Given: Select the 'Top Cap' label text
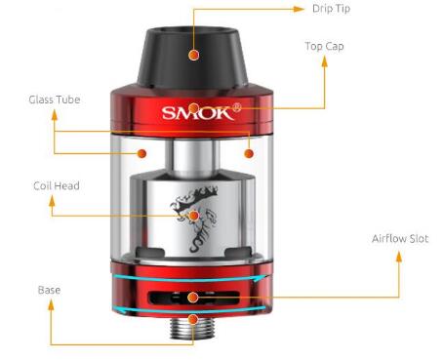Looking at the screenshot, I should coord(324,46).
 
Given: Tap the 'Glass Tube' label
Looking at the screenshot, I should coord(54,99).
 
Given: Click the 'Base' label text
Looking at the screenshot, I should coord(50,290).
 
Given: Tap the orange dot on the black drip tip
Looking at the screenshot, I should coord(194,57).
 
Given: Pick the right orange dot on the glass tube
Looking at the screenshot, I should coord(250,153).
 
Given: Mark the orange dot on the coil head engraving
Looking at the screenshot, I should coord(195,215).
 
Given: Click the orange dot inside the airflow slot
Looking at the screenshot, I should coord(194,296).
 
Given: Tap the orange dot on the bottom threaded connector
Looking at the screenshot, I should coord(194,319).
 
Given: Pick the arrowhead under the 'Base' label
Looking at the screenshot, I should coord(50,305).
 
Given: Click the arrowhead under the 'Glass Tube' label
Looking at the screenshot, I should coord(54,114).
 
